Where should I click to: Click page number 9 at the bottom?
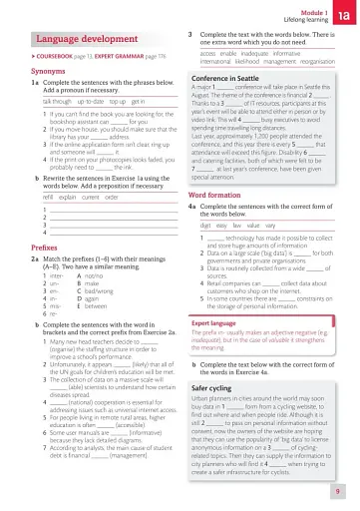coord(338,491)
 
